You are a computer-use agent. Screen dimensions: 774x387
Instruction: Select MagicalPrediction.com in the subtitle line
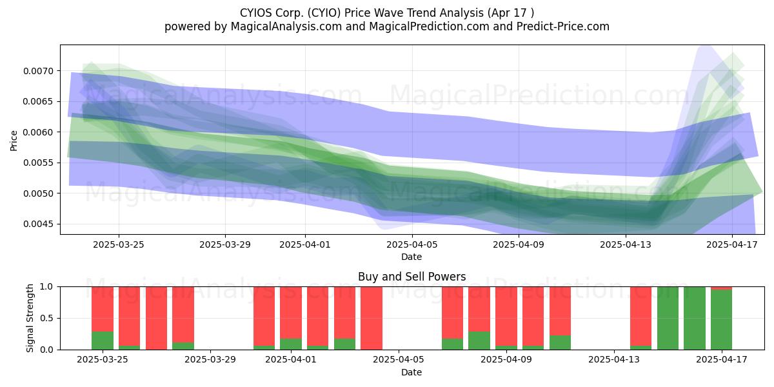click(429, 26)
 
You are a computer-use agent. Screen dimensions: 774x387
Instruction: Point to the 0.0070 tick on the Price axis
click(39, 71)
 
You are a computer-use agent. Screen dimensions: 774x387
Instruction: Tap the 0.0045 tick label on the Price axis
click(39, 224)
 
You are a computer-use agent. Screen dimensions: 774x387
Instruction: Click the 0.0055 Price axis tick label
click(39, 163)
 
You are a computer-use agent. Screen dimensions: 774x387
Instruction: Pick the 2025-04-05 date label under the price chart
click(412, 244)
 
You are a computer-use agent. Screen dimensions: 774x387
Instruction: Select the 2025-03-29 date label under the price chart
click(225, 244)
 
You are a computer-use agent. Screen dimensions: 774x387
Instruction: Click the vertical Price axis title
click(14, 141)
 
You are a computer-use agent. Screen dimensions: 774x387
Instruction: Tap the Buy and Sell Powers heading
click(412, 277)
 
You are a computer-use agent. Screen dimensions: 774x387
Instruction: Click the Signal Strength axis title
click(30, 318)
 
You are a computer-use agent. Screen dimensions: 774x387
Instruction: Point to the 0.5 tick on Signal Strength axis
click(47, 318)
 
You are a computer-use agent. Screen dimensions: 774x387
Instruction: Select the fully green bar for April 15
click(668, 318)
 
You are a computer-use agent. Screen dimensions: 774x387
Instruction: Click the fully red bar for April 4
click(372, 318)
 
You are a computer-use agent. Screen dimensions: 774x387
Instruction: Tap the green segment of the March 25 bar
click(103, 341)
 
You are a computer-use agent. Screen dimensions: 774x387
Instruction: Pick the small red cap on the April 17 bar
click(722, 288)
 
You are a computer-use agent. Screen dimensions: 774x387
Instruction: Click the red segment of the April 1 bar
click(291, 313)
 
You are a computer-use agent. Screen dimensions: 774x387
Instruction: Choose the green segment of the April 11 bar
click(560, 342)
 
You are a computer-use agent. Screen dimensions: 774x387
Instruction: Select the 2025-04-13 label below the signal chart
click(614, 360)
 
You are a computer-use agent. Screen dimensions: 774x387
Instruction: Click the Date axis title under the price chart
click(412, 257)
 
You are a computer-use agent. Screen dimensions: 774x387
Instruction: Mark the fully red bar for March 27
click(156, 318)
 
